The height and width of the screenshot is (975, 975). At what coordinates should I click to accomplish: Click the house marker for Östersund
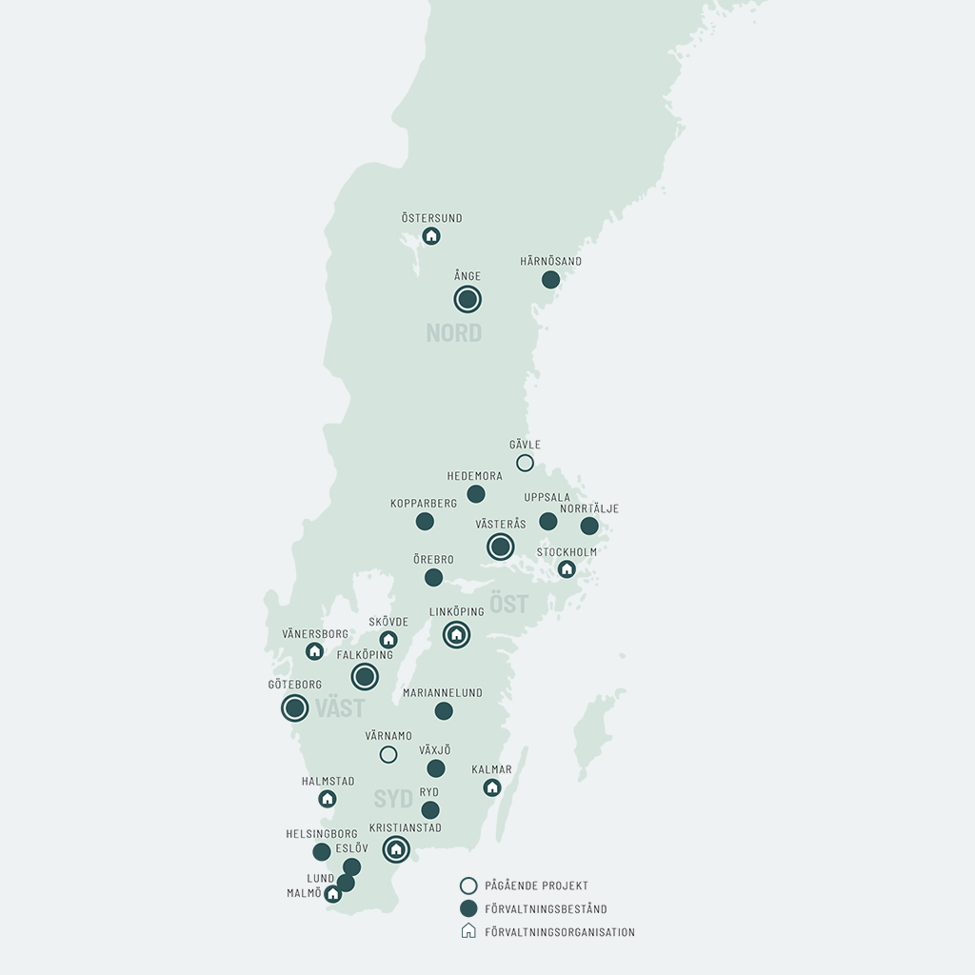coord(431,235)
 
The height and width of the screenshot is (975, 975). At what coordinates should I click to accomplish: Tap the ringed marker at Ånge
coord(468,300)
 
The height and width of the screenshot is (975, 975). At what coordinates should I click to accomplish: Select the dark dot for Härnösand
coord(550,280)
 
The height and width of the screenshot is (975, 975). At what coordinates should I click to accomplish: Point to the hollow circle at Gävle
coord(525,463)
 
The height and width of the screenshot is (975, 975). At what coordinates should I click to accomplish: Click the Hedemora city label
coord(474,476)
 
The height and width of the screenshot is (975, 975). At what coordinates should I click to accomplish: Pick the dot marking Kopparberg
coord(425,522)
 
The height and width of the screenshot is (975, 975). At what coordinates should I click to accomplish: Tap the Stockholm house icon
coord(567,569)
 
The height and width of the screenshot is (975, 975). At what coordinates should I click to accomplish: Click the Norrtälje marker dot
coord(589,526)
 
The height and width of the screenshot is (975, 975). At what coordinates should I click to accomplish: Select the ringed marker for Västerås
coord(500,547)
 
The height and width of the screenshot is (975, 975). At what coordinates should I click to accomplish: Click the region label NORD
coord(454,333)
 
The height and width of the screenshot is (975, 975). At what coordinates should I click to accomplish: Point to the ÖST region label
coord(508,605)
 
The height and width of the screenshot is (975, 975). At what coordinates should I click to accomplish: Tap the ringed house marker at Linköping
coord(456,634)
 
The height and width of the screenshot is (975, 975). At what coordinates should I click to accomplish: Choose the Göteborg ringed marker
coord(295,707)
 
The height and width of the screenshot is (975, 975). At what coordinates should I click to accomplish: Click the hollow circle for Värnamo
coord(388,754)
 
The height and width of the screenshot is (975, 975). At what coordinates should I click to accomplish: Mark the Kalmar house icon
coord(492,787)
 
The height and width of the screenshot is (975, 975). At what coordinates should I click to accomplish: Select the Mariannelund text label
coord(443,693)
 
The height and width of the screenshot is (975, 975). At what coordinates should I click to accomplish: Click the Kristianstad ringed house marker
coord(396,848)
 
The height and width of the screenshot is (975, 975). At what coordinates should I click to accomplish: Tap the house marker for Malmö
coord(332,894)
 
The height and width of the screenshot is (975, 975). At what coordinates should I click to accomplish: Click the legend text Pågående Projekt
coord(536,885)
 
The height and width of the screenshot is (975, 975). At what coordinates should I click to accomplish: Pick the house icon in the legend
coord(468,931)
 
